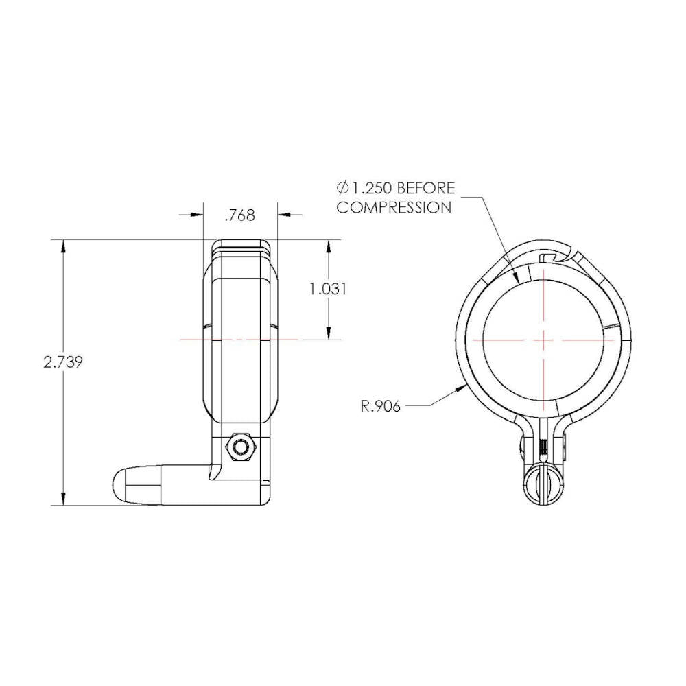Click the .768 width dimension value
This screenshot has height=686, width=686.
[239, 215]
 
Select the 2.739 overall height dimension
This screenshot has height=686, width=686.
[63, 362]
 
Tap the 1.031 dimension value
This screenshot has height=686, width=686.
[327, 289]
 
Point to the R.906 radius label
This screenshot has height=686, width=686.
[380, 405]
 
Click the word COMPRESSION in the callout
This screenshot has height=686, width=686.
[393, 207]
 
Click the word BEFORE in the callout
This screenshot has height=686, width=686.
[425, 188]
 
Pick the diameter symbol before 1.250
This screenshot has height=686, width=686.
[343, 188]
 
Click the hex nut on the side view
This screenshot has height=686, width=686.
[240, 447]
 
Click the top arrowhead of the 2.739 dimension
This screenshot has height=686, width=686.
[63, 246]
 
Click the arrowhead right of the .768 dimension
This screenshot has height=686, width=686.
[283, 215]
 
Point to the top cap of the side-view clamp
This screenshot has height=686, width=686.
[240, 247]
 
